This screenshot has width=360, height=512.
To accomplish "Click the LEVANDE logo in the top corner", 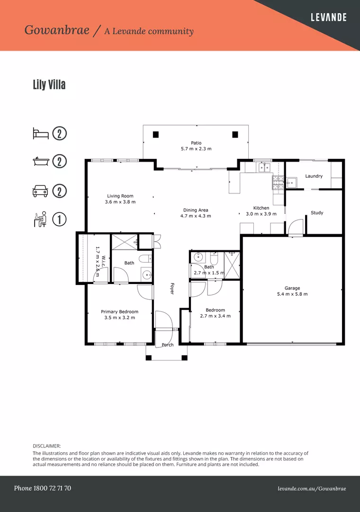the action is (328, 18).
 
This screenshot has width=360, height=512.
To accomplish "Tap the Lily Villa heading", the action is (49, 84).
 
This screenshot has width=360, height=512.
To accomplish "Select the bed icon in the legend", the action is (41, 134).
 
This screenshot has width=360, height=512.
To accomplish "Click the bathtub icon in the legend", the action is (41, 161).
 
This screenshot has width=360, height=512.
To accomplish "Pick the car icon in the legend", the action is (40, 191).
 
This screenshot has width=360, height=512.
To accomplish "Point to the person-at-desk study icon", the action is (40, 219).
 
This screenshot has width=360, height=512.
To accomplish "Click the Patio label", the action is (196, 143).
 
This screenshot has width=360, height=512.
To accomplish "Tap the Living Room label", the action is (120, 196).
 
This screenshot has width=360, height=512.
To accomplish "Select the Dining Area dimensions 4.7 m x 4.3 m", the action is (196, 216).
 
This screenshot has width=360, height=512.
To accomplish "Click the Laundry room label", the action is (314, 176).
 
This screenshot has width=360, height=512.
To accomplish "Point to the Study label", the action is (317, 212).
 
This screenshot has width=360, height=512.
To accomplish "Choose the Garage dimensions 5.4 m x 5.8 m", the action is (292, 294).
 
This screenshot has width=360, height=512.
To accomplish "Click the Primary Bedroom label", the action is (119, 312).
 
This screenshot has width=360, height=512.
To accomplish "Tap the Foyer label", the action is (172, 289).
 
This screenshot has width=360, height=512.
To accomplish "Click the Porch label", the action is (168, 345).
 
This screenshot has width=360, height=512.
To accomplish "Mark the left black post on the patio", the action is (156, 135).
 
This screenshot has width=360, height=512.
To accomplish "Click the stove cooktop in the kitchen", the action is (278, 183).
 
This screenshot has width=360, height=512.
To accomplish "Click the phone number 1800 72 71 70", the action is (52, 488).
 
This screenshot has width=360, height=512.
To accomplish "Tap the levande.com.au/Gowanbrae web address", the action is (312, 489).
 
